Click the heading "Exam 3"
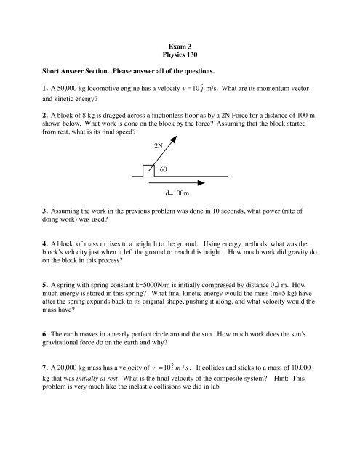179,36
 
